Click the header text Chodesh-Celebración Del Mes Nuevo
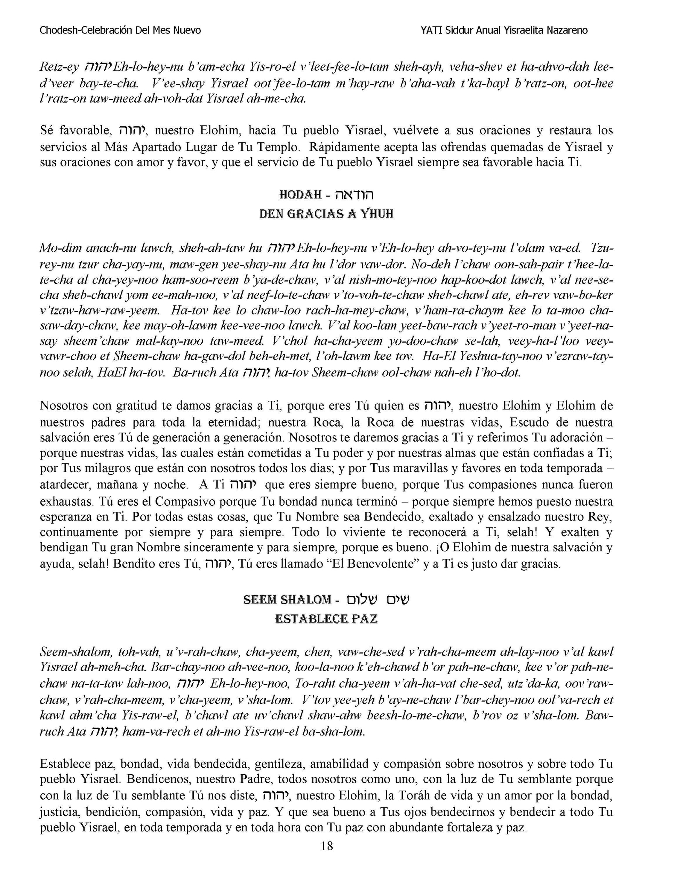(x=120, y=31)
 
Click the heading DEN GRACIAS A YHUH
(x=326, y=214)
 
